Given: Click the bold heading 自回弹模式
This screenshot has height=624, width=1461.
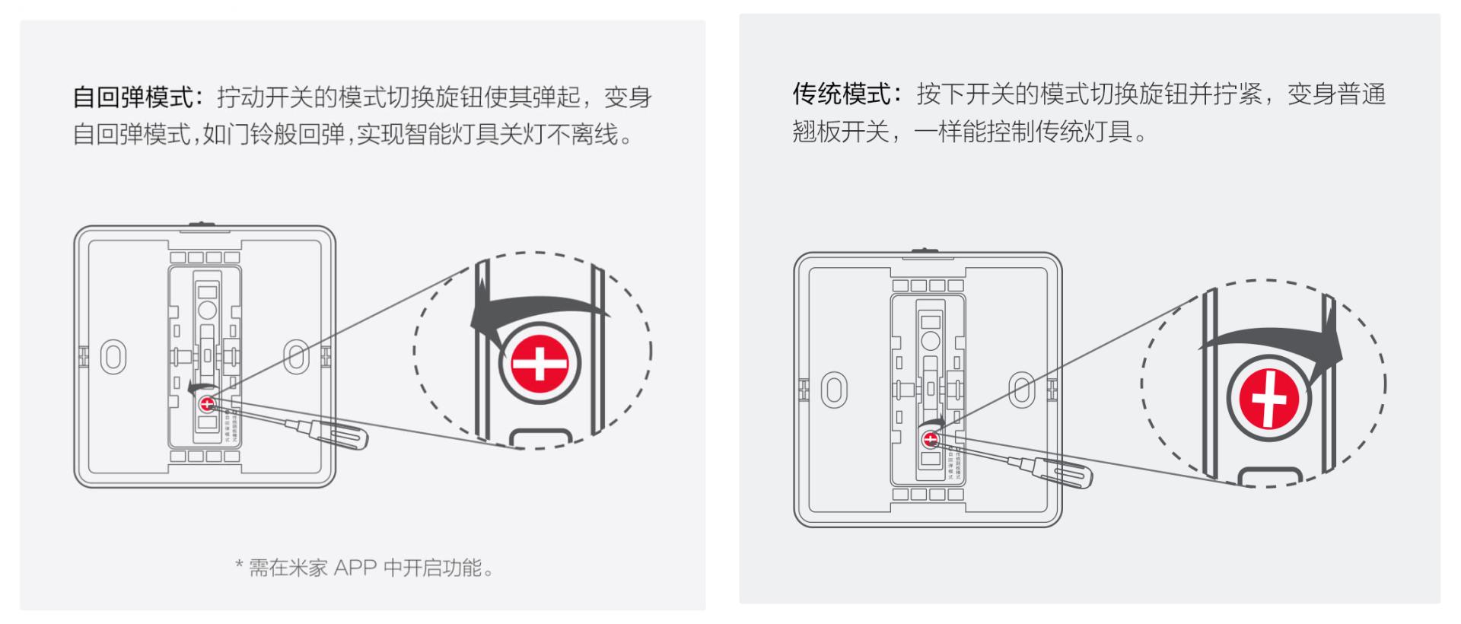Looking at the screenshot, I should click(x=133, y=97).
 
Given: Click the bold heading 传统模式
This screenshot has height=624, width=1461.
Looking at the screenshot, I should click(x=841, y=94).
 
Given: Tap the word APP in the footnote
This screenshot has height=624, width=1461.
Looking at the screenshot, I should click(x=355, y=568).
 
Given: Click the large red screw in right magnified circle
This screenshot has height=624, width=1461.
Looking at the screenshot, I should click(x=1268, y=398).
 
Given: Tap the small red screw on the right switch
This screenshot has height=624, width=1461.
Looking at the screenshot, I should click(x=930, y=439).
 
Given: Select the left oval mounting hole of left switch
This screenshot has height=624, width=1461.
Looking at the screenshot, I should click(x=113, y=357).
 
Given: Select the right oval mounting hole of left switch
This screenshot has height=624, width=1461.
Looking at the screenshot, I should click(x=296, y=357).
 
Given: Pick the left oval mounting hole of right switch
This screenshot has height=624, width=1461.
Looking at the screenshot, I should click(x=834, y=390).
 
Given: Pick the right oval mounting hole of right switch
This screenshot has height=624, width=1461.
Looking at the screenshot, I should click(x=1021, y=390).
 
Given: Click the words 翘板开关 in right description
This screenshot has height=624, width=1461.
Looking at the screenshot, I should click(x=840, y=132).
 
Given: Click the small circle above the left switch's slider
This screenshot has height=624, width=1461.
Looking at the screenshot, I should click(x=207, y=310).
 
